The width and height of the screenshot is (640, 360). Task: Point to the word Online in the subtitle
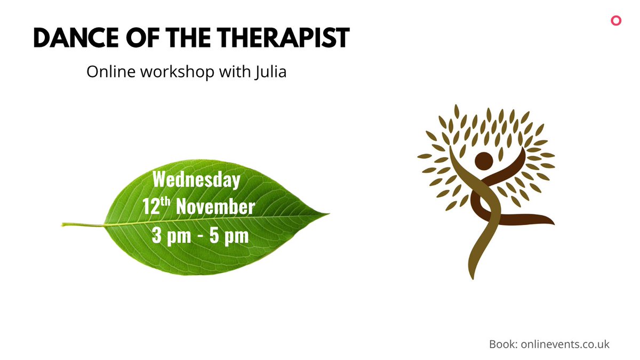click(111, 72)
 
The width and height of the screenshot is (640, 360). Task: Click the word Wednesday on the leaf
click(196, 180)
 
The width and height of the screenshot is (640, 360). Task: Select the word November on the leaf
click(215, 207)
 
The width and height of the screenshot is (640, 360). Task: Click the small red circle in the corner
click(616, 21)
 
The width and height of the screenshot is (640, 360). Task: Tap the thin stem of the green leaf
click(80, 225)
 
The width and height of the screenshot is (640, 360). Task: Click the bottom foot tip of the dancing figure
click(470, 276)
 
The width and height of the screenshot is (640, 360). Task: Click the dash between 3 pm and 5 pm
click(201, 236)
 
